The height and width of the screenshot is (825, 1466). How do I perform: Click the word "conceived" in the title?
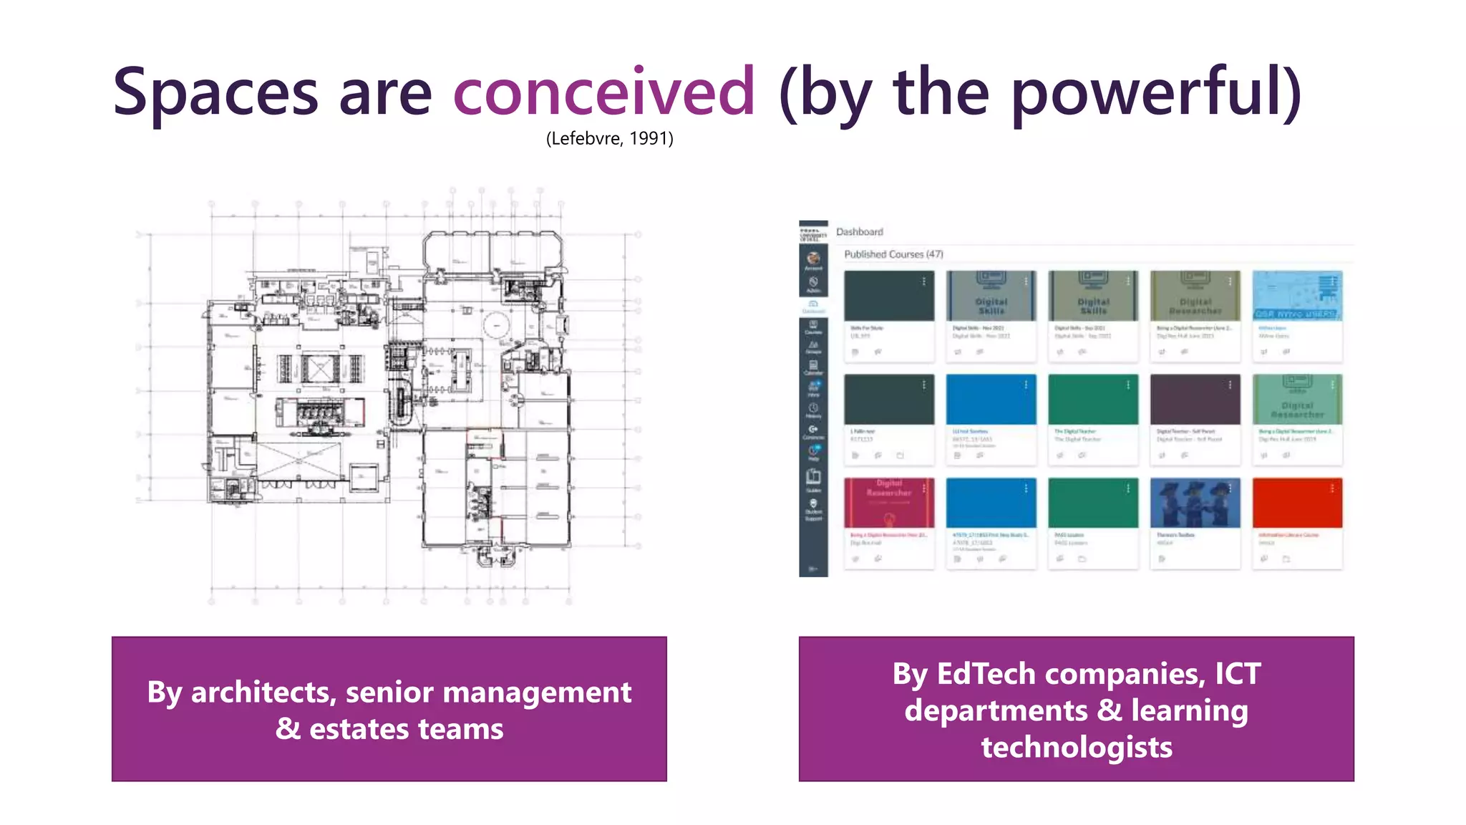pyautogui.click(x=603, y=92)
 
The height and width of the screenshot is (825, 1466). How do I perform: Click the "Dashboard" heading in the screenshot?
pyautogui.click(x=859, y=232)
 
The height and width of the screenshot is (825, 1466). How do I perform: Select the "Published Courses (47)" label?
pyautogui.click(x=893, y=254)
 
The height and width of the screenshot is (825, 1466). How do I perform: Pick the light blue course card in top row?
pyautogui.click(x=1296, y=296)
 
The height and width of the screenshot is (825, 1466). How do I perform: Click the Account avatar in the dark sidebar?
pyautogui.click(x=813, y=259)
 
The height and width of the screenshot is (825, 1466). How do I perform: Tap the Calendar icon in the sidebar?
pyautogui.click(x=813, y=366)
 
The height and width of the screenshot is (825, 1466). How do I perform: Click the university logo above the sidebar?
pyautogui.click(x=813, y=235)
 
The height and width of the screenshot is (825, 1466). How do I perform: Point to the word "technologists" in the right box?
pyautogui.click(x=1076, y=747)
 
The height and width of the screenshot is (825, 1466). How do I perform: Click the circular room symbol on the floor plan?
pyautogui.click(x=495, y=326)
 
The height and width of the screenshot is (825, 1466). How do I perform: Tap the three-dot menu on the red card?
pyautogui.click(x=1331, y=488)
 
